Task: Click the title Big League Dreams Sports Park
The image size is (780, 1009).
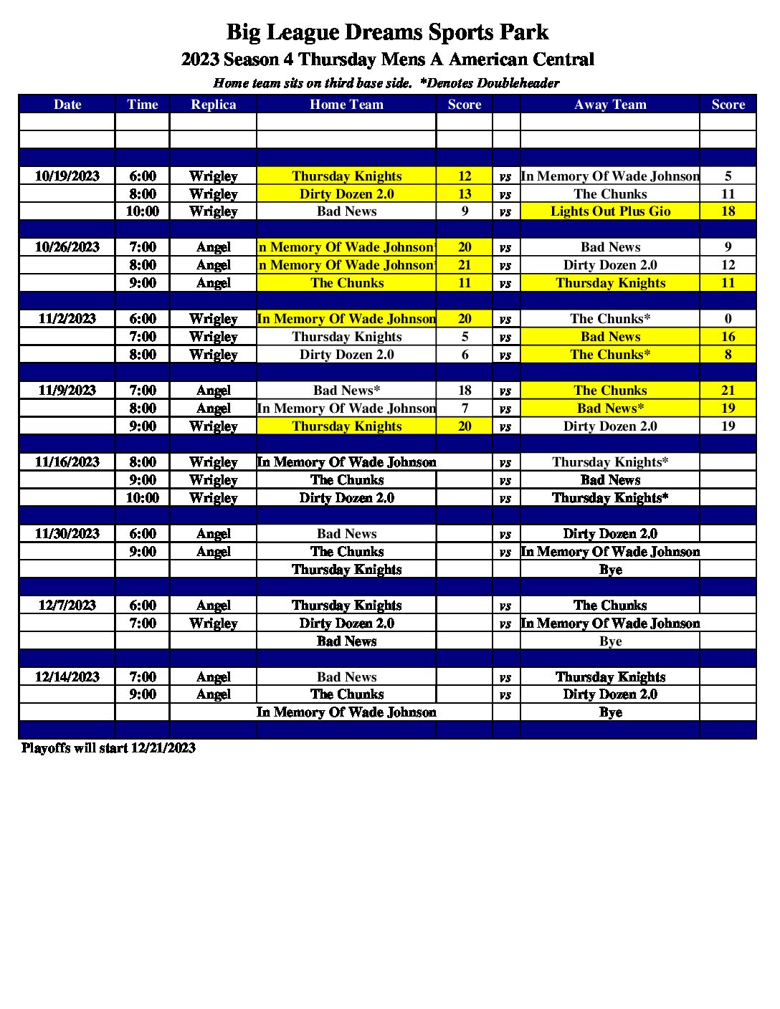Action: [x=387, y=32]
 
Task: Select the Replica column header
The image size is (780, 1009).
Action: [x=213, y=105]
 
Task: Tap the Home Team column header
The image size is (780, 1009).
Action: [x=346, y=105]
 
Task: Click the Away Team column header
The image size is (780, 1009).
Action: [x=610, y=105]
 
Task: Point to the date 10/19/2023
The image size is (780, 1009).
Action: [x=67, y=176]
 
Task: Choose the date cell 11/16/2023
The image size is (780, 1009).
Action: [x=67, y=462]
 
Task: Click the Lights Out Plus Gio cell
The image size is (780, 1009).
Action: [x=610, y=211]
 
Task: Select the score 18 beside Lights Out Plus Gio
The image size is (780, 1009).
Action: [x=728, y=211]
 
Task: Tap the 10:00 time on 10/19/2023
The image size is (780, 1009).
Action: [x=143, y=211]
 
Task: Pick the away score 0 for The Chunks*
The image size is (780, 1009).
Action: [x=728, y=319]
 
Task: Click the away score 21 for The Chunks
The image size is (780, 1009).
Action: [x=728, y=391]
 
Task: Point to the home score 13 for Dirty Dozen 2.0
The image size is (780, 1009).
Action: [x=465, y=194]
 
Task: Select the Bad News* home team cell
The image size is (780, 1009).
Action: [x=346, y=391]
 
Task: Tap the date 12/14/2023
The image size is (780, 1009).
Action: [x=67, y=677]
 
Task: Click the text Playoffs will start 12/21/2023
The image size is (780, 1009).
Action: [x=108, y=748]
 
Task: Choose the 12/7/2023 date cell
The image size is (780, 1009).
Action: [x=67, y=606]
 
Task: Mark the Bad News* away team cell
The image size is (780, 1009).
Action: [x=610, y=408]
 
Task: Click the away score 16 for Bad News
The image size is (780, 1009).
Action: [x=728, y=337]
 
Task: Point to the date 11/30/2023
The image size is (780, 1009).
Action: [x=67, y=534]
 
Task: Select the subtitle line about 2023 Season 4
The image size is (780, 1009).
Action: [x=387, y=59]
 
